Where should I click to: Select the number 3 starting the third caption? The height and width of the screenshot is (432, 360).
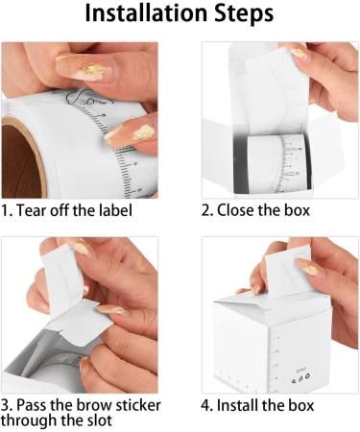pos(6,404)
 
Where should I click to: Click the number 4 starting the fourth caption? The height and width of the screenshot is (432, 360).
pos(206,404)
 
